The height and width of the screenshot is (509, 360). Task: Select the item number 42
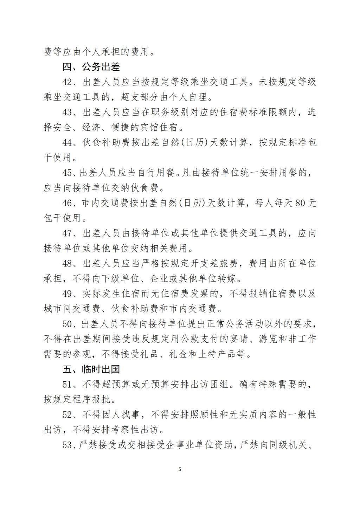coord(67,82)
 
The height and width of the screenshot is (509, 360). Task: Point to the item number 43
coord(67,112)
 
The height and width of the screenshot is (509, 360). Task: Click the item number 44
coord(67,142)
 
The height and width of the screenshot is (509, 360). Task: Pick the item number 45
coord(67,173)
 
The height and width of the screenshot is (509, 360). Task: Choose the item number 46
coord(67,203)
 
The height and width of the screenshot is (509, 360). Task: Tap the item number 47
coord(67,233)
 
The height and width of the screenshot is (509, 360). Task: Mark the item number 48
coord(67,264)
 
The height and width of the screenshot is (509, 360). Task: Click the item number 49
coord(67,294)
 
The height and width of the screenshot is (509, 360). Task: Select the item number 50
coord(67,324)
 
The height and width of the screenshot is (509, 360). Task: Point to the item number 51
coord(67,385)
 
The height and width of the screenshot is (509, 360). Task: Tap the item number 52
coord(67,415)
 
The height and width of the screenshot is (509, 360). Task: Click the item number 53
coord(67,445)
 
